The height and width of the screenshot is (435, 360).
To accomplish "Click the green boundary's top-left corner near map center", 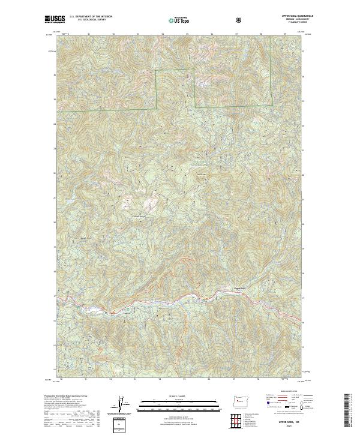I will [157, 71].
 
